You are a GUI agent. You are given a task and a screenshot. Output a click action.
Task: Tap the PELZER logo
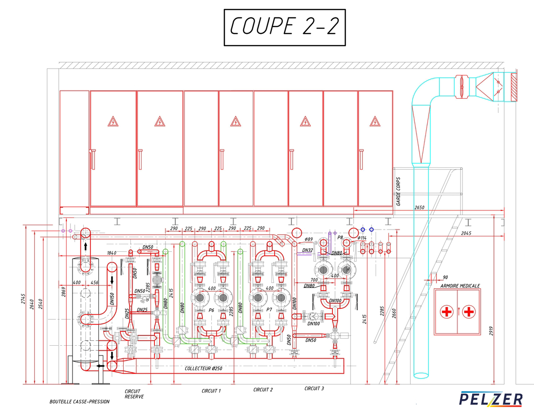click(x=491, y=399)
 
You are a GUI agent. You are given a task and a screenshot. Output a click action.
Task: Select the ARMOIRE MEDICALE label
click(x=460, y=286)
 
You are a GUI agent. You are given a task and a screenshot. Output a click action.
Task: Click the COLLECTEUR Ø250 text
click(x=203, y=368)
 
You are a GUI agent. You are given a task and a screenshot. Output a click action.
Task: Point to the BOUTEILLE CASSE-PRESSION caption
click(x=80, y=402)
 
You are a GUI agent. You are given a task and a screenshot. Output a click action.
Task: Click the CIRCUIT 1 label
click(x=211, y=391)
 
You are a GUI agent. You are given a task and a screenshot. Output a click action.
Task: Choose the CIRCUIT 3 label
click(x=314, y=388)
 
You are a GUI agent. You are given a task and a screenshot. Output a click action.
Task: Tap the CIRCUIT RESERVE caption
click(x=134, y=394)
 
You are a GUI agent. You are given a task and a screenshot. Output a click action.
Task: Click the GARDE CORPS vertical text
click(x=398, y=191)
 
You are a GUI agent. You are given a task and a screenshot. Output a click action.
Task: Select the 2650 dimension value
click(x=419, y=208)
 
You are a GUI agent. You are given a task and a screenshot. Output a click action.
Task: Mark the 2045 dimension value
click(x=466, y=234)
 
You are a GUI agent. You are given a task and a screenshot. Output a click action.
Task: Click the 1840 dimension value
click(x=112, y=253)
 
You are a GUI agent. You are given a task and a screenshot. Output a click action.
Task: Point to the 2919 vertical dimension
click(x=491, y=331)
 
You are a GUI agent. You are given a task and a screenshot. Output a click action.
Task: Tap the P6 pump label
click(x=211, y=310)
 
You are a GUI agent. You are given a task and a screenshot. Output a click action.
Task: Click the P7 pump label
click(x=269, y=310)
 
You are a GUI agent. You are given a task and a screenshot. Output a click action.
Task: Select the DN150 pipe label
click(x=112, y=299)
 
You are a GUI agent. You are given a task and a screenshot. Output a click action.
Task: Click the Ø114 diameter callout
click(x=362, y=238)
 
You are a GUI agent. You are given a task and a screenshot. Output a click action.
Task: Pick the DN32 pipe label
click(x=307, y=250)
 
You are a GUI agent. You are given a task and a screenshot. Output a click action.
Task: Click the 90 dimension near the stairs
click(x=445, y=277)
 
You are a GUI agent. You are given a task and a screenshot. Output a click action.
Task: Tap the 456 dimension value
click(x=94, y=283)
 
